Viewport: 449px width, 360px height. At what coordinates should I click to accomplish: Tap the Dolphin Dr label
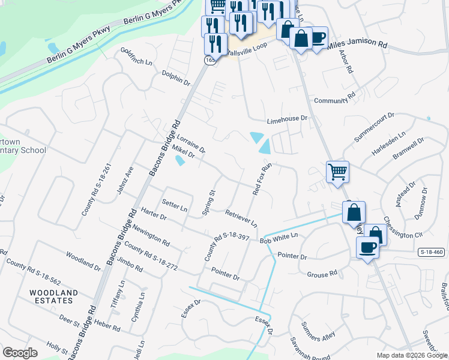point(175,78)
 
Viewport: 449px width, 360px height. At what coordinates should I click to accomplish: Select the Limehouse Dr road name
point(287,119)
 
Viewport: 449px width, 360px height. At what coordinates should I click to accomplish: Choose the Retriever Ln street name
point(241,218)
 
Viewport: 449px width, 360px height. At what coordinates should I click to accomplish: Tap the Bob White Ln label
point(279,238)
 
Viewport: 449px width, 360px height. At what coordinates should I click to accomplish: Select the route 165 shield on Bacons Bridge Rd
point(209,61)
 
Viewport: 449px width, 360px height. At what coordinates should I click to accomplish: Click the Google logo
point(20,353)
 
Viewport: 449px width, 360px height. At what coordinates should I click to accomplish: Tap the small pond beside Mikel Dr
point(180,161)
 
